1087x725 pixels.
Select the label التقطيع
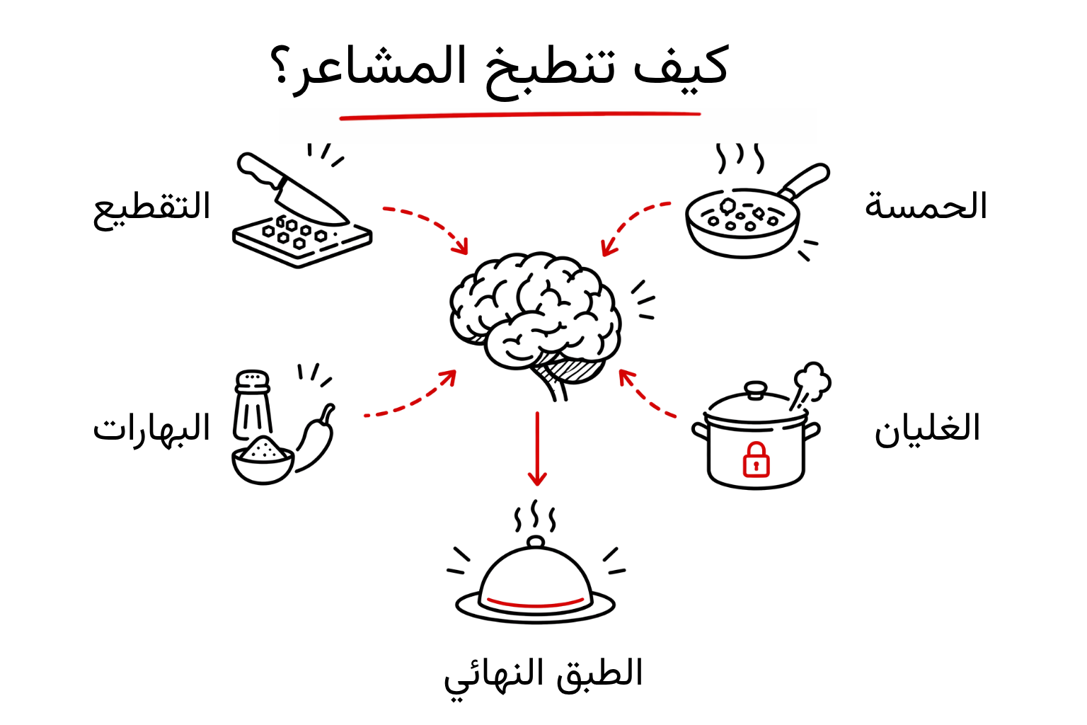(152, 207)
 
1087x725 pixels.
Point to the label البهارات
(152, 428)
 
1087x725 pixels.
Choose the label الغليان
(927, 429)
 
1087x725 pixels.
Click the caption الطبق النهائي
(543, 674)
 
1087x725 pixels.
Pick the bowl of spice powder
(263, 460)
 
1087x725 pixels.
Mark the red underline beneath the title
(520, 115)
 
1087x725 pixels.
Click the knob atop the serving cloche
(536, 542)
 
